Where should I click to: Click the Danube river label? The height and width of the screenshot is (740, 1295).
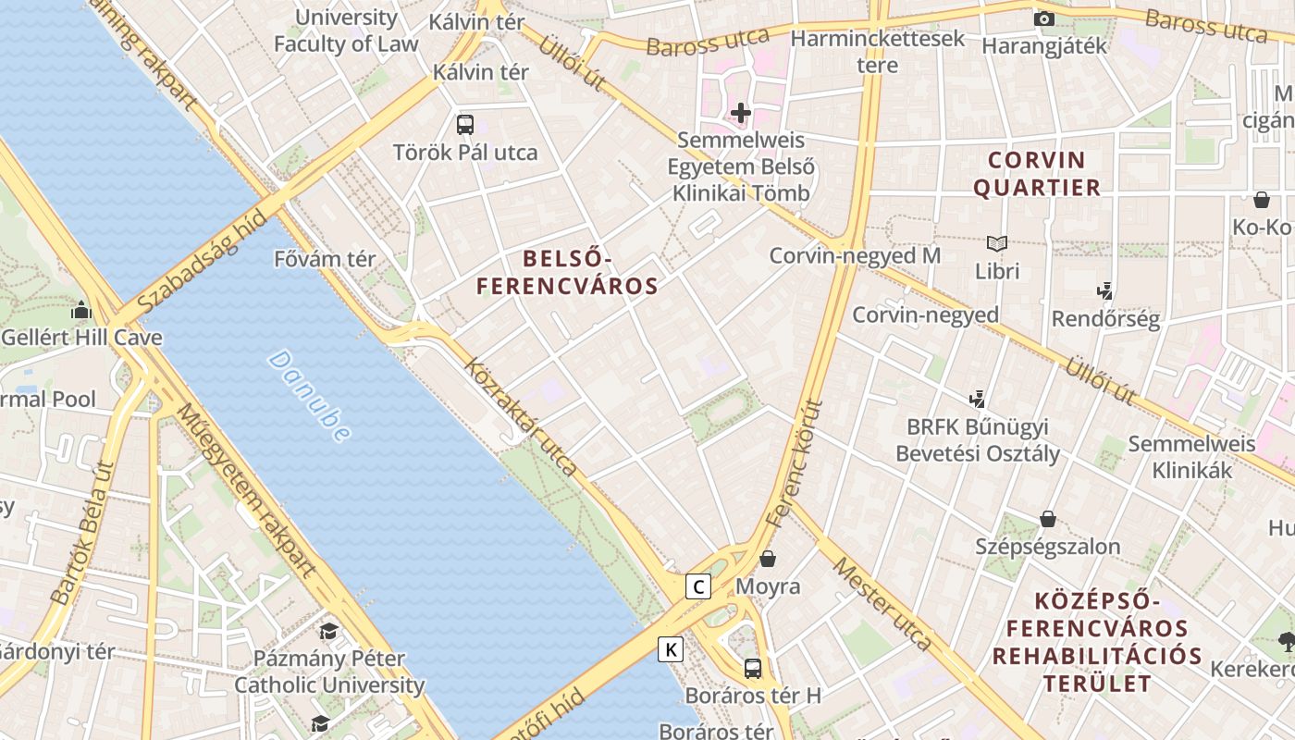pyautogui.click(x=310, y=395)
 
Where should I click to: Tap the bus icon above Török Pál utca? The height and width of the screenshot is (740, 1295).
pyautogui.click(x=465, y=124)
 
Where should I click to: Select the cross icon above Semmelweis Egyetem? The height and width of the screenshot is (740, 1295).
pyautogui.click(x=740, y=114)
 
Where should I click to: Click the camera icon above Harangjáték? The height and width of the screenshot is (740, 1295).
pyautogui.click(x=1043, y=18)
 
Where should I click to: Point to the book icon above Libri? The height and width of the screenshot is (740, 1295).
pyautogui.click(x=996, y=243)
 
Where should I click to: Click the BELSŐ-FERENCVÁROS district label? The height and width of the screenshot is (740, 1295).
pyautogui.click(x=567, y=272)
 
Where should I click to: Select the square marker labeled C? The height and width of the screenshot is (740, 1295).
pyautogui.click(x=698, y=586)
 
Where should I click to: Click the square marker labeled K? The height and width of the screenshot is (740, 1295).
pyautogui.click(x=671, y=649)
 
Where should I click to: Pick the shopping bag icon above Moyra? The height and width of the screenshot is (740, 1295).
pyautogui.click(x=768, y=559)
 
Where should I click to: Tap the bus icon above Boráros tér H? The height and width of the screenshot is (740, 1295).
pyautogui.click(x=753, y=667)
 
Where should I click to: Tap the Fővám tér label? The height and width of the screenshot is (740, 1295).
pyautogui.click(x=325, y=259)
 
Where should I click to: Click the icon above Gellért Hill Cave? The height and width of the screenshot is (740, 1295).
pyautogui.click(x=81, y=311)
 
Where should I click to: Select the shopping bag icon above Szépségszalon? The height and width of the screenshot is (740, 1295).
pyautogui.click(x=1048, y=519)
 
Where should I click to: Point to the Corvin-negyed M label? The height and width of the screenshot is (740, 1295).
pyautogui.click(x=855, y=255)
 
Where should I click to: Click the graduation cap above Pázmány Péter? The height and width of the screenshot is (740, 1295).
pyautogui.click(x=328, y=632)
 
